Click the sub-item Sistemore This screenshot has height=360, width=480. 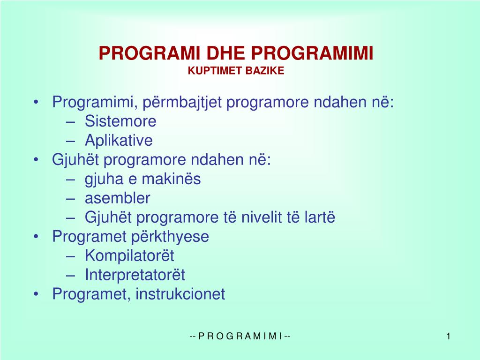pos(120,121)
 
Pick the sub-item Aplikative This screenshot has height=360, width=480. pos(119,141)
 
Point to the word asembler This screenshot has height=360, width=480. pos(117,198)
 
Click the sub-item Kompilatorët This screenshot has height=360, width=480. pos(129,256)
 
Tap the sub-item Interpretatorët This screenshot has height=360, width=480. pos(135,275)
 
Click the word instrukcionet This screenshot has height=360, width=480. pos(180,294)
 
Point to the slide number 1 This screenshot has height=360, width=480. pos(449,336)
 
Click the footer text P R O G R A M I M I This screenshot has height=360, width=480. pos(240,336)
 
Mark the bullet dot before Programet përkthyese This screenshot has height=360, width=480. pos(37,237)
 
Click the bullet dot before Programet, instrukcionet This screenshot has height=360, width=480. pos(37,294)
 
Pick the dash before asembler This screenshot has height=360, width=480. pos(71,199)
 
